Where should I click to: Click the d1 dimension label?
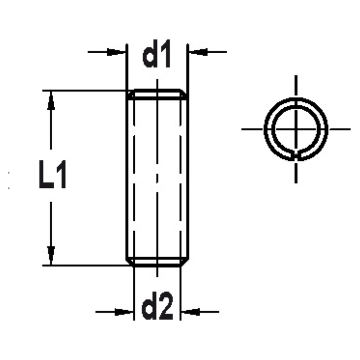tap(157, 57)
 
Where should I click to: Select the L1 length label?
tap(53, 175)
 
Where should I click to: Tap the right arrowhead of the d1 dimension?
tap(198, 52)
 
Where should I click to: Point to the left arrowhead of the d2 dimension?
tap(123, 312)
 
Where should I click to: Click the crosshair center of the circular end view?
tap(296, 129)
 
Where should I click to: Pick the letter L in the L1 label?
tap(46, 175)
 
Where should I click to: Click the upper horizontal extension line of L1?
tap(86, 90)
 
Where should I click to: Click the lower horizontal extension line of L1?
tap(86, 266)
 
